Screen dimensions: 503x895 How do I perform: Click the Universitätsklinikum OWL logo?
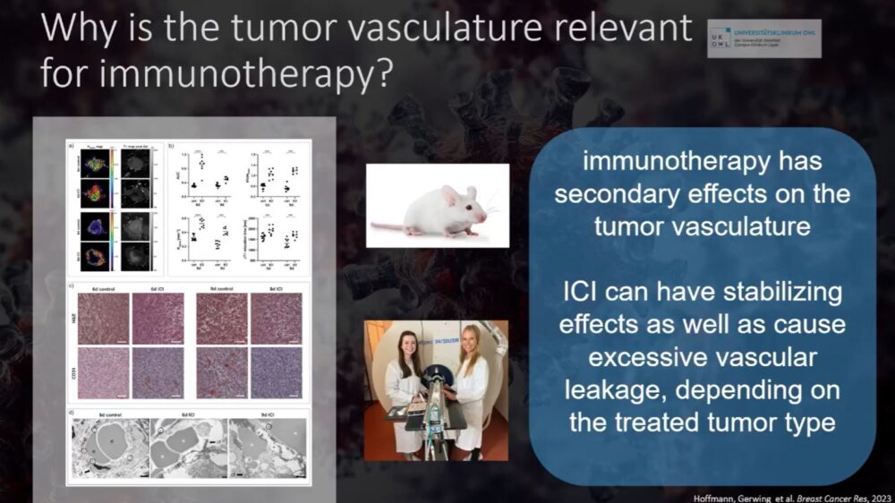(763, 38)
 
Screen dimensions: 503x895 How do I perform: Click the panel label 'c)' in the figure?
(70, 287)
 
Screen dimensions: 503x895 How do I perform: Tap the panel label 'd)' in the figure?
(70, 413)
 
